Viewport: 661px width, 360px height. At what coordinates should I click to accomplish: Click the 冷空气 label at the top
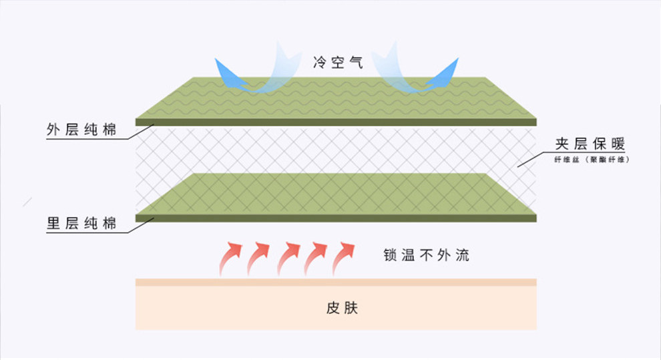click(339, 63)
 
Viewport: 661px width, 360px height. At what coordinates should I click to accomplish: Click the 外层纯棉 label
click(82, 130)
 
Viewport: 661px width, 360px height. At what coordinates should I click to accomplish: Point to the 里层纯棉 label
click(82, 224)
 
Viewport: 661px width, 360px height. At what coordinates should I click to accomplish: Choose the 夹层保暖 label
click(590, 144)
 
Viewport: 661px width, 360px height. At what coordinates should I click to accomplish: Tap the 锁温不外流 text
click(426, 254)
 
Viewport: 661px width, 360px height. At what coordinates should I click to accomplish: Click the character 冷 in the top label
click(320, 63)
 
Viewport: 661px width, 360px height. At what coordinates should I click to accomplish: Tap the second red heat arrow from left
click(260, 258)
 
